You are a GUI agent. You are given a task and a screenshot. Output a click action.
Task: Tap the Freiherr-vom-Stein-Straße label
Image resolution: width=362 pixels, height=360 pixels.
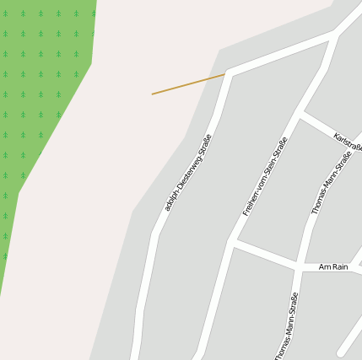click(x=265, y=177)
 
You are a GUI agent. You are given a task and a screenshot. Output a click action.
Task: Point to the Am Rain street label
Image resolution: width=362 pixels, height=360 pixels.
click(x=333, y=266)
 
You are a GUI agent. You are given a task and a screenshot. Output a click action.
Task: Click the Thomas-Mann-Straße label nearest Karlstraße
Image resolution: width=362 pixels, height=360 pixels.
click(x=332, y=183)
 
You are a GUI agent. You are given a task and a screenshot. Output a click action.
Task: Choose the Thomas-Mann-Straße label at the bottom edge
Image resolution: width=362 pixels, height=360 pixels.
click(x=286, y=327)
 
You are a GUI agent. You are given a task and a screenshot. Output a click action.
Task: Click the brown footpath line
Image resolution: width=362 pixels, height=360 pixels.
click(x=187, y=84)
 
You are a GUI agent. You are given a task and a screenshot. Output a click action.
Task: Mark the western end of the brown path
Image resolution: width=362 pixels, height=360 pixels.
click(x=153, y=94)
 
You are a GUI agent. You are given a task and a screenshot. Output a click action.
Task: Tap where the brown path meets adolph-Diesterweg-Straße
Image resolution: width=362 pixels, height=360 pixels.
click(x=225, y=74)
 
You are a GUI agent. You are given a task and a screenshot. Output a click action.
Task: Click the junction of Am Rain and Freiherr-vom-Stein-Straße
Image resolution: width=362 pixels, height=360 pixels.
click(x=232, y=243)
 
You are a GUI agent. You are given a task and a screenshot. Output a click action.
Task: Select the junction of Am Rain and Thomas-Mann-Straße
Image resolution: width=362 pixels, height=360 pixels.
click(x=299, y=266)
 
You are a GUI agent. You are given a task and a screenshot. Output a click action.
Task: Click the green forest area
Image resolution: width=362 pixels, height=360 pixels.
click(x=42, y=101)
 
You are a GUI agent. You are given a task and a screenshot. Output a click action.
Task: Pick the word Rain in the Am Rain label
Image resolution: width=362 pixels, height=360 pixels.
click(x=339, y=266)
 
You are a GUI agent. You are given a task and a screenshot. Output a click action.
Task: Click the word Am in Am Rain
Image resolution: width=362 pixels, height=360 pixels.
click(x=324, y=266)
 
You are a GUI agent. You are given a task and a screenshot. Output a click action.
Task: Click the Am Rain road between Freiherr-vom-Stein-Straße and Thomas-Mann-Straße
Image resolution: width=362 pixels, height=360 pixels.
click(x=266, y=255)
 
